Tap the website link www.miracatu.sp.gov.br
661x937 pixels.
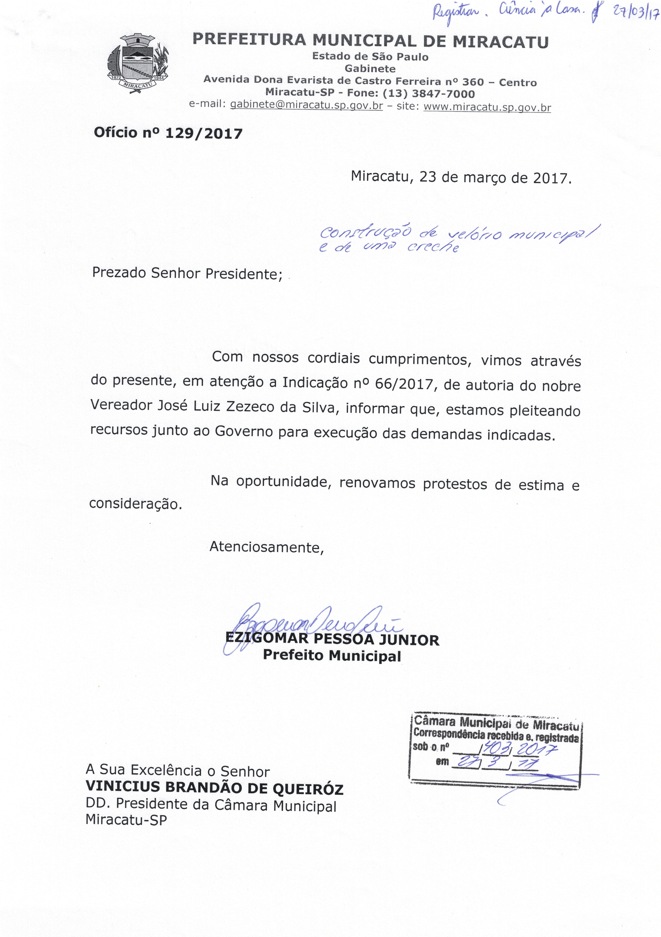(x=488, y=107)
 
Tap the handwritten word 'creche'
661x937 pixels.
(x=433, y=247)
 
